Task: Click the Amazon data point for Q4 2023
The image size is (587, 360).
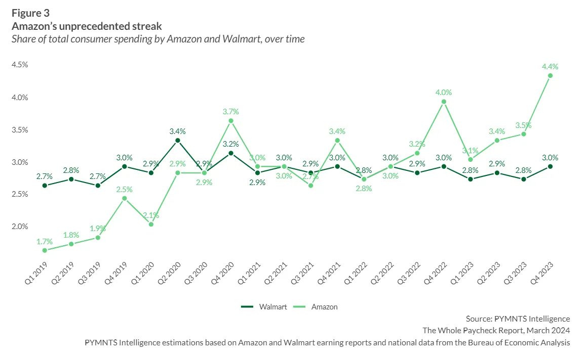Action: click(x=550, y=75)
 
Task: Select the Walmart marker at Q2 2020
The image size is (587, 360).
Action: click(x=177, y=141)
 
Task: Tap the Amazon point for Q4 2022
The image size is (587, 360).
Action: click(x=444, y=102)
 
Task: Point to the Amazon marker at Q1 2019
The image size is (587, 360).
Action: click(x=45, y=250)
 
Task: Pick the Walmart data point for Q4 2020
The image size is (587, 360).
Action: click(x=231, y=153)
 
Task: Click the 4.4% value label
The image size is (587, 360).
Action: click(x=550, y=67)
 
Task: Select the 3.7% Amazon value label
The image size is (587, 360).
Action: click(x=230, y=111)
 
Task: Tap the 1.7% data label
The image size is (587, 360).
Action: click(x=45, y=242)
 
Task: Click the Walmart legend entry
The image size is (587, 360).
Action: click(x=264, y=307)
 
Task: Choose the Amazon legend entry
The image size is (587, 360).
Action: click(x=315, y=307)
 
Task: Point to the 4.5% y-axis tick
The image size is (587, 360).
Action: click(x=20, y=65)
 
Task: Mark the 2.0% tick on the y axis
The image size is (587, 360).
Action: click(x=20, y=226)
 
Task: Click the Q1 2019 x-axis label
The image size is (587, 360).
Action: click(x=36, y=273)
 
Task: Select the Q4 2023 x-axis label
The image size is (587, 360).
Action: click(x=541, y=273)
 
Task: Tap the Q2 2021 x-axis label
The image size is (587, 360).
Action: click(x=276, y=273)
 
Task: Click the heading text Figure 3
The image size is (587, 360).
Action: click(x=31, y=13)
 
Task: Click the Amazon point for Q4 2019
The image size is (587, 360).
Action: click(x=124, y=199)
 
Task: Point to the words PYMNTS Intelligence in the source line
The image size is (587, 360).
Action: click(x=532, y=319)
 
